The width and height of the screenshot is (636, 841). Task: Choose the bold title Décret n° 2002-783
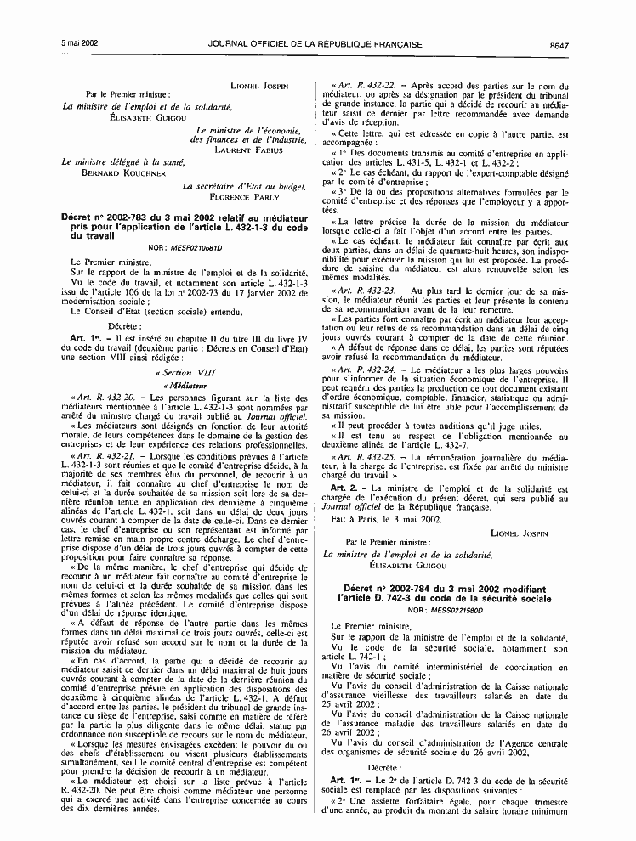coord(112,217)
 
